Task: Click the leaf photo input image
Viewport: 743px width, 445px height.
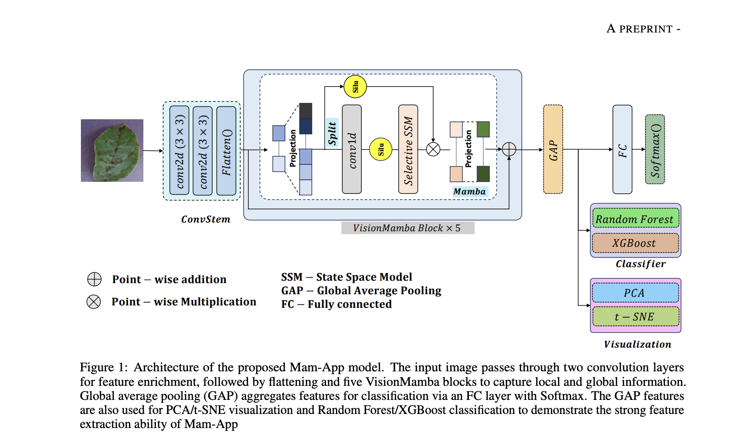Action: coord(112,150)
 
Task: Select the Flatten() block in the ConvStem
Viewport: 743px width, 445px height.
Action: coord(226,151)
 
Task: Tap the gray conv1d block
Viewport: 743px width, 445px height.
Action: coord(352,149)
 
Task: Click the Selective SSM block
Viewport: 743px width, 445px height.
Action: coord(408,149)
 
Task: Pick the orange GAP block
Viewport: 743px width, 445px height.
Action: coord(553,149)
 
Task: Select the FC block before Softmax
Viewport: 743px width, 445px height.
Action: coord(622,149)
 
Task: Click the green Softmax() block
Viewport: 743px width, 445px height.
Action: coord(655,149)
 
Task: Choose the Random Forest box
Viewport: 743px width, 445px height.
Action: coord(635,219)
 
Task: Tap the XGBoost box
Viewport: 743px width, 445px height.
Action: coord(635,243)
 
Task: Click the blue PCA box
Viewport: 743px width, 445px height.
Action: coord(635,293)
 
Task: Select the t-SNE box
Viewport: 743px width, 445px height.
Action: coord(635,317)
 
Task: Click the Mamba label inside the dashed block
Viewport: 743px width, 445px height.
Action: coord(469,191)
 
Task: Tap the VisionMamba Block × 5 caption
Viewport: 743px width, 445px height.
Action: coord(407,228)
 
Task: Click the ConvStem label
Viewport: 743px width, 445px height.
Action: coord(206,219)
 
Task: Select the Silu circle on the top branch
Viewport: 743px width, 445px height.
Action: coord(355,87)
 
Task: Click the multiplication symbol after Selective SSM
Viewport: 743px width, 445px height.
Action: coord(433,149)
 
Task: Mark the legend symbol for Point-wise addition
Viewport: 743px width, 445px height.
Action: coord(94,279)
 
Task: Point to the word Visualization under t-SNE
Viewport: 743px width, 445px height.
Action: coord(637,344)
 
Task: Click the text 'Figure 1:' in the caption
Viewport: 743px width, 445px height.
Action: coord(104,367)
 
